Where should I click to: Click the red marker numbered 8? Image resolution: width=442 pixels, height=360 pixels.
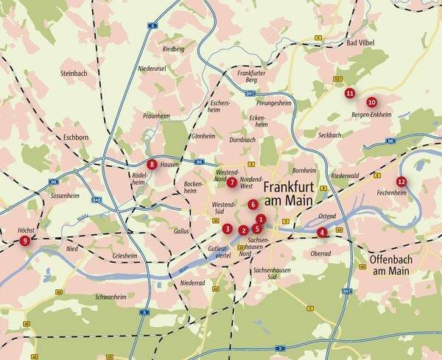(x=152, y=164)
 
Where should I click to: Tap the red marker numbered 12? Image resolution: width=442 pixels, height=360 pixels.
(x=401, y=181)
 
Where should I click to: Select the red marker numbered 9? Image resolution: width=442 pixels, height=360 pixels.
(x=25, y=240)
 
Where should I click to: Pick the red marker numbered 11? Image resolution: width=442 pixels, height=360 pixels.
(x=349, y=93)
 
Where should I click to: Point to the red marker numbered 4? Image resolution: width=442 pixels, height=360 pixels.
(x=322, y=233)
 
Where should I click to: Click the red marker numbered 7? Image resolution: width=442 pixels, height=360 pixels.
(x=231, y=182)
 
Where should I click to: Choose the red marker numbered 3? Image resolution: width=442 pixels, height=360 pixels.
(x=228, y=228)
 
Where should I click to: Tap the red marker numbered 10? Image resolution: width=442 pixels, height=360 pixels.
(x=371, y=102)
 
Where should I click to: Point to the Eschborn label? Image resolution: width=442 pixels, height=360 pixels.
(x=76, y=137)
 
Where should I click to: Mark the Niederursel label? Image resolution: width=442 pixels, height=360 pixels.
(x=153, y=68)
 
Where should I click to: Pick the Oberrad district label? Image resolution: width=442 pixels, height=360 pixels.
(x=320, y=253)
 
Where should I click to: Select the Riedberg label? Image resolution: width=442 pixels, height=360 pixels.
(x=174, y=49)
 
